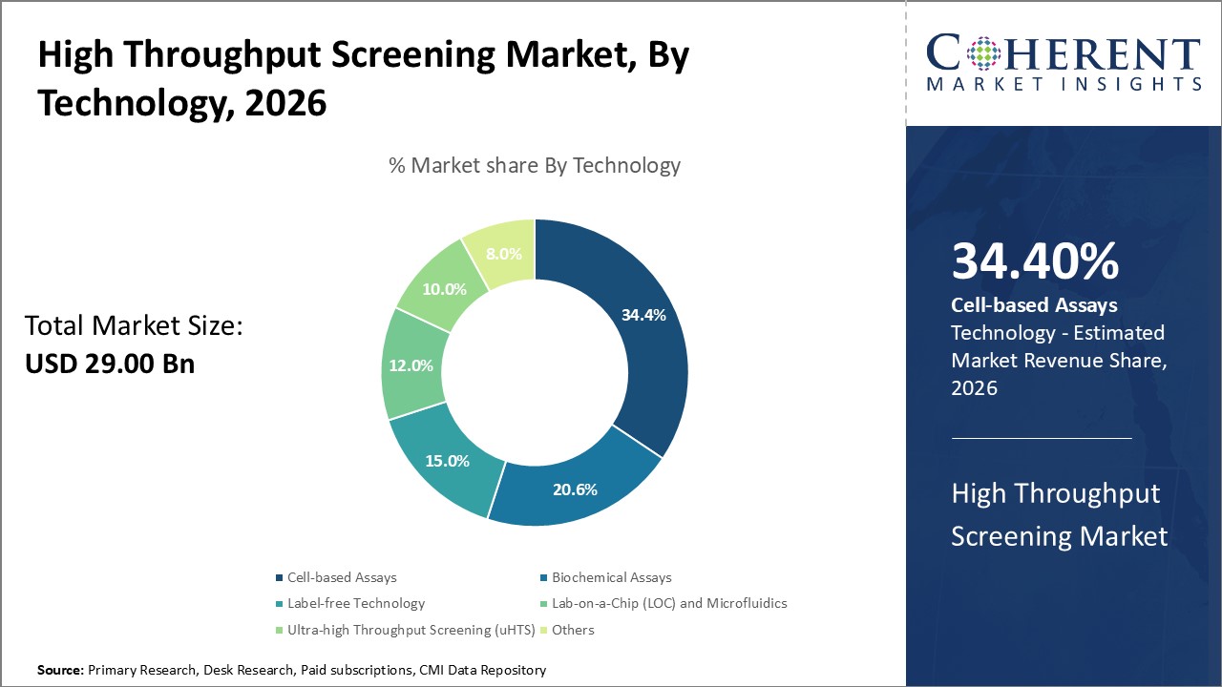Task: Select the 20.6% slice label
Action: click(x=575, y=489)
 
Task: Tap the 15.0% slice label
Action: click(x=447, y=461)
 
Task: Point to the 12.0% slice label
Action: click(x=411, y=364)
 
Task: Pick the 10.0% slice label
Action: click(x=444, y=288)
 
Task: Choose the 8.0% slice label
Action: click(x=503, y=254)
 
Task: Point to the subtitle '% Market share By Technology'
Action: click(x=535, y=165)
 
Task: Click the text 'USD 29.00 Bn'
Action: click(x=110, y=364)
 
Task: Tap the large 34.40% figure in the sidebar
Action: click(x=1035, y=261)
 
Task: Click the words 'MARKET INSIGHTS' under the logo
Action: click(x=1064, y=84)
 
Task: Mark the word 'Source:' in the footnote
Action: click(x=61, y=671)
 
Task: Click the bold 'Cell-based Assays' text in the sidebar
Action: click(x=1034, y=305)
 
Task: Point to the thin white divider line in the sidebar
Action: click(x=1041, y=438)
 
